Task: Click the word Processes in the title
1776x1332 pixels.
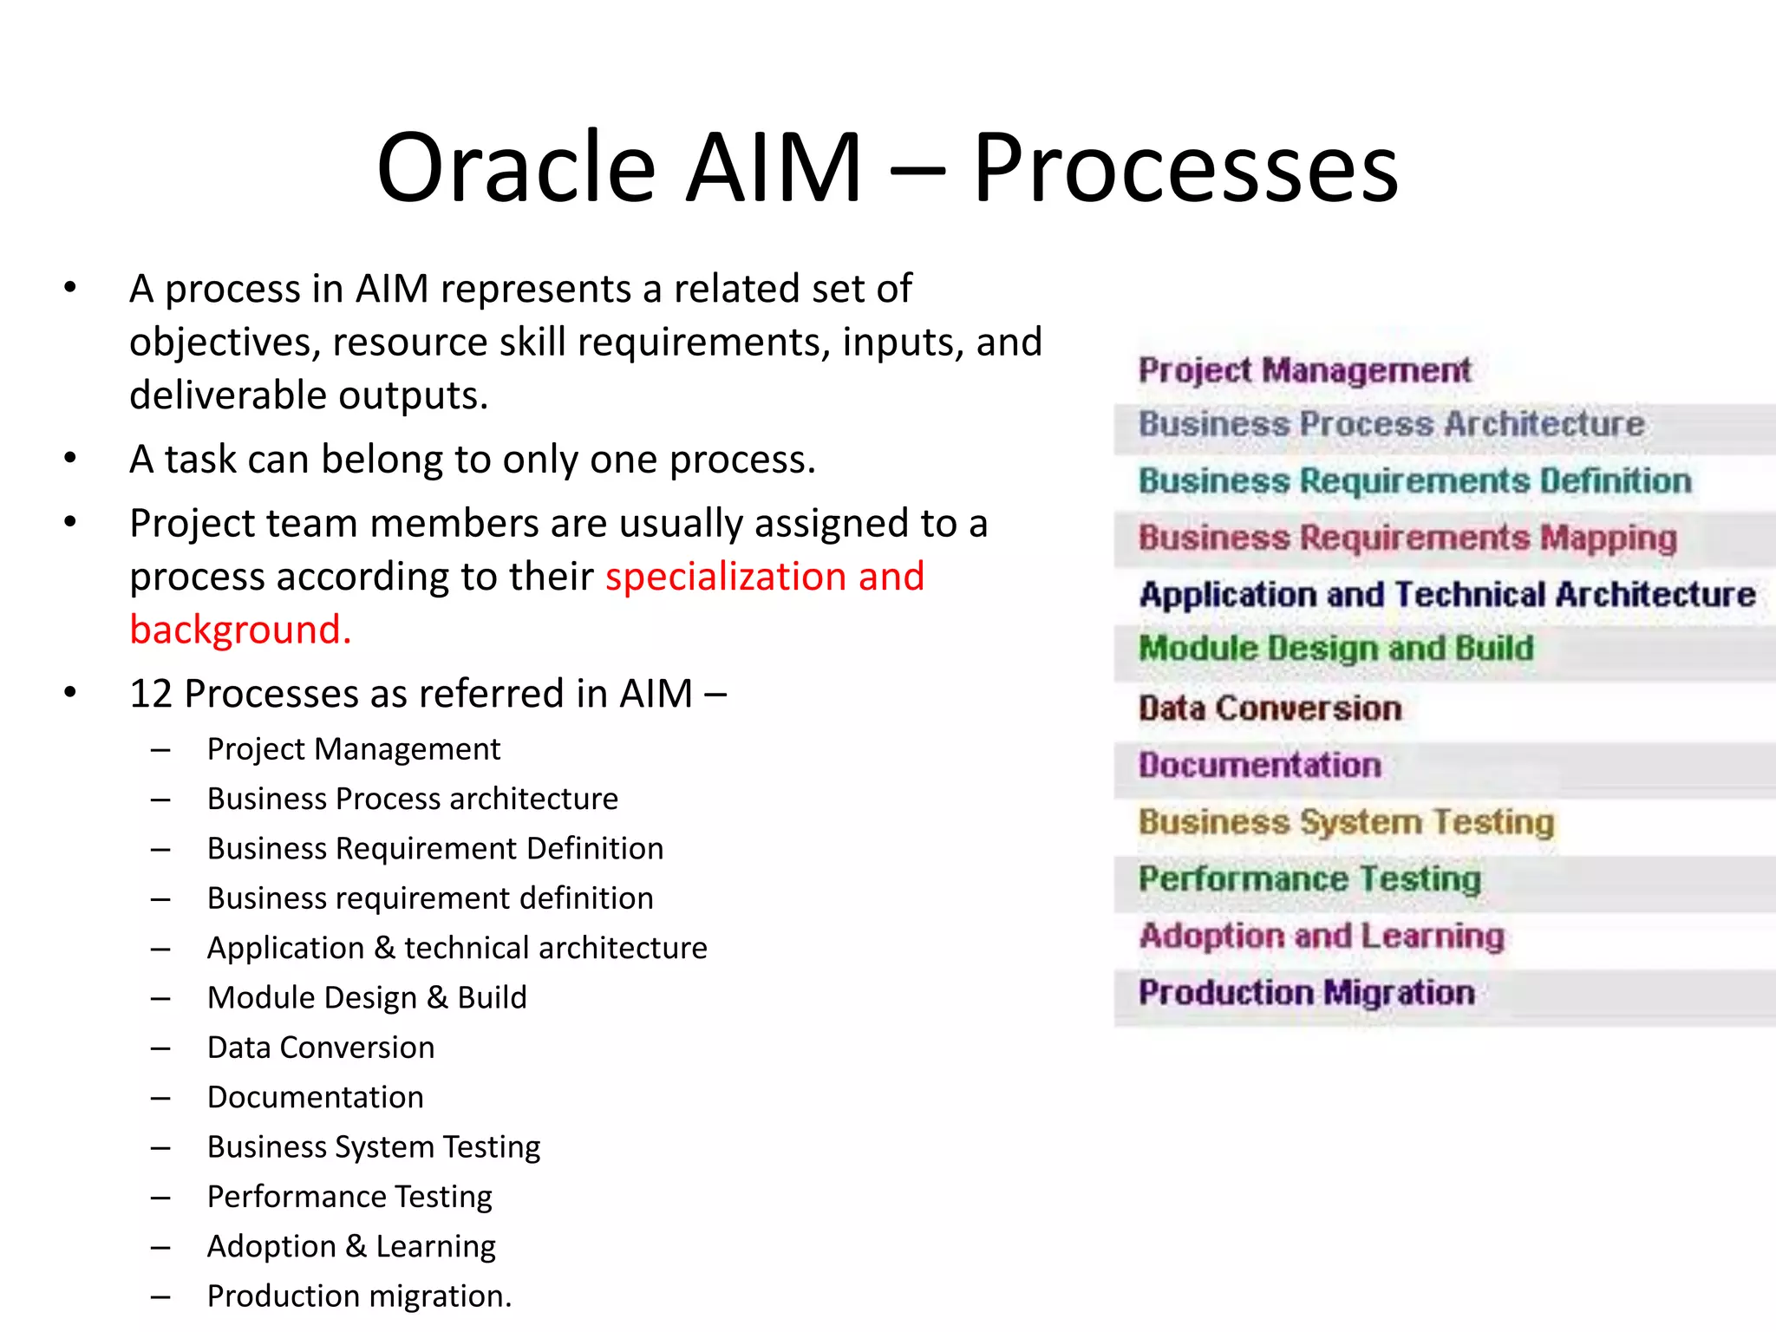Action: [x=1185, y=167]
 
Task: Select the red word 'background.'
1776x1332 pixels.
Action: [x=240, y=630]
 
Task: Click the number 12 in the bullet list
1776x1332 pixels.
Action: [x=153, y=694]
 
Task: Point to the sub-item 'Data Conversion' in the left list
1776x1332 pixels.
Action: [x=321, y=1048]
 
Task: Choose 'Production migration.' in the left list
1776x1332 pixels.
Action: [x=359, y=1296]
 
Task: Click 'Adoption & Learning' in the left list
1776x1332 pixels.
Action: [x=351, y=1246]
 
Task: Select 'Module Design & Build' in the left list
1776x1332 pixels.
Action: [x=367, y=998]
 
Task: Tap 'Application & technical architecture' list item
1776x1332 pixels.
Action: [x=457, y=948]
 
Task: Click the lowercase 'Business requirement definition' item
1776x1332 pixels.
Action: [x=430, y=898]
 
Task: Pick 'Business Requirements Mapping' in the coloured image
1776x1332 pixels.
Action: [x=1407, y=538]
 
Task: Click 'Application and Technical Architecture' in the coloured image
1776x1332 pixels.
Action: [x=1446, y=595]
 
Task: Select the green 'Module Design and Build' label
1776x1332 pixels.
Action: [x=1335, y=649]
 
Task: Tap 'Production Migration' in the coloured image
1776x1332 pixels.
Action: [x=1306, y=993]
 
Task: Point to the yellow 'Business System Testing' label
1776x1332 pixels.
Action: [x=1346, y=822]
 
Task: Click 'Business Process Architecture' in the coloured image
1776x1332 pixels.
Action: [x=1391, y=424]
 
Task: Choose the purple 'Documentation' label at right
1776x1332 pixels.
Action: [x=1259, y=765]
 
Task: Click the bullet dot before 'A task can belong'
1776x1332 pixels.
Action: [x=70, y=458]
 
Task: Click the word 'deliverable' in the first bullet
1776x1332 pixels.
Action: [x=227, y=395]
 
